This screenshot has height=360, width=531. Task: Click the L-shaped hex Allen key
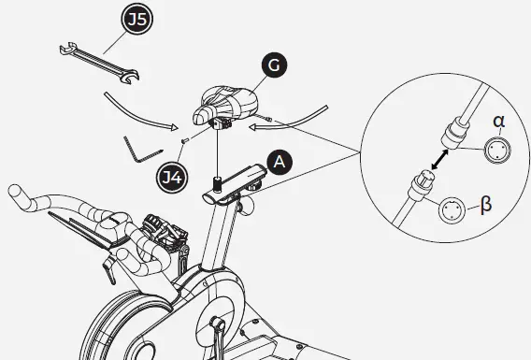(x=138, y=150)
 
